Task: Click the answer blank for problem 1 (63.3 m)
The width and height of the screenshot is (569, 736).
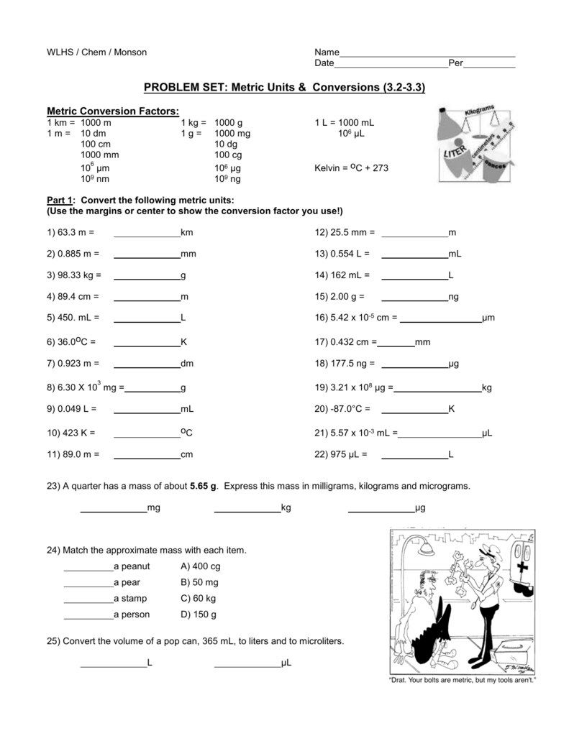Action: tap(147, 233)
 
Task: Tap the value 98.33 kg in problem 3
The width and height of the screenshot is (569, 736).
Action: tap(78, 275)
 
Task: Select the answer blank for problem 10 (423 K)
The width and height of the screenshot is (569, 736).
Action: tap(147, 433)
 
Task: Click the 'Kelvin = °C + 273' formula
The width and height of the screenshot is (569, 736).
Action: tap(351, 168)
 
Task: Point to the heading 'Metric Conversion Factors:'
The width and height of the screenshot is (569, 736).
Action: tap(113, 111)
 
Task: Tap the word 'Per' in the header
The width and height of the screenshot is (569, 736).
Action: tap(455, 63)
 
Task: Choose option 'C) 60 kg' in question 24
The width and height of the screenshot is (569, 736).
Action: tap(199, 598)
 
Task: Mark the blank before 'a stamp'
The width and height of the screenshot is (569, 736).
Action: tap(88, 598)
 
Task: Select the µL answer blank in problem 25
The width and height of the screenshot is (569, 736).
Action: tap(247, 663)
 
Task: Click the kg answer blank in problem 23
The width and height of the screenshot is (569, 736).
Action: tap(247, 508)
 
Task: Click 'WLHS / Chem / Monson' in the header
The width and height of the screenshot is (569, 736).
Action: tap(96, 52)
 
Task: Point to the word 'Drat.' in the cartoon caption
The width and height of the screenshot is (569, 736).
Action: tap(400, 680)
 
